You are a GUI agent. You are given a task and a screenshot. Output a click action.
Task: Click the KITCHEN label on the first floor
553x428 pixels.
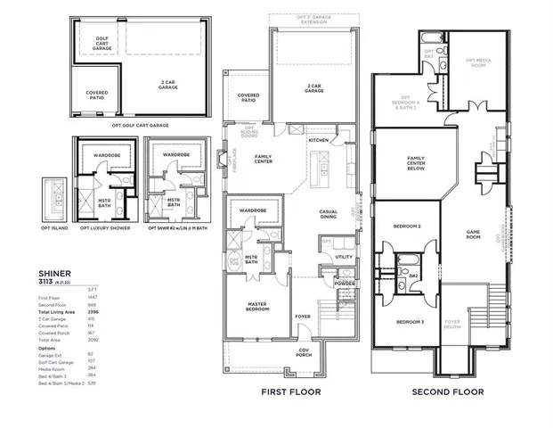pos(318,140)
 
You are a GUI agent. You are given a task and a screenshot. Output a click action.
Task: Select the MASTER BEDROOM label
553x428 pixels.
pos(258,308)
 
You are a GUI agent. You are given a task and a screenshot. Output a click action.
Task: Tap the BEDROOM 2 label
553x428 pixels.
pos(407,227)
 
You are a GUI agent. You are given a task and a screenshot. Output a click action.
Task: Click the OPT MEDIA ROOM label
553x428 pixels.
pos(477,63)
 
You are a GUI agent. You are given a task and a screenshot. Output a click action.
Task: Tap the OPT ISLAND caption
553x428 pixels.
pos(55,227)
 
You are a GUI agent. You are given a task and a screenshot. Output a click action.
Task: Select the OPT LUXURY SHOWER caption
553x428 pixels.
pos(105,227)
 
